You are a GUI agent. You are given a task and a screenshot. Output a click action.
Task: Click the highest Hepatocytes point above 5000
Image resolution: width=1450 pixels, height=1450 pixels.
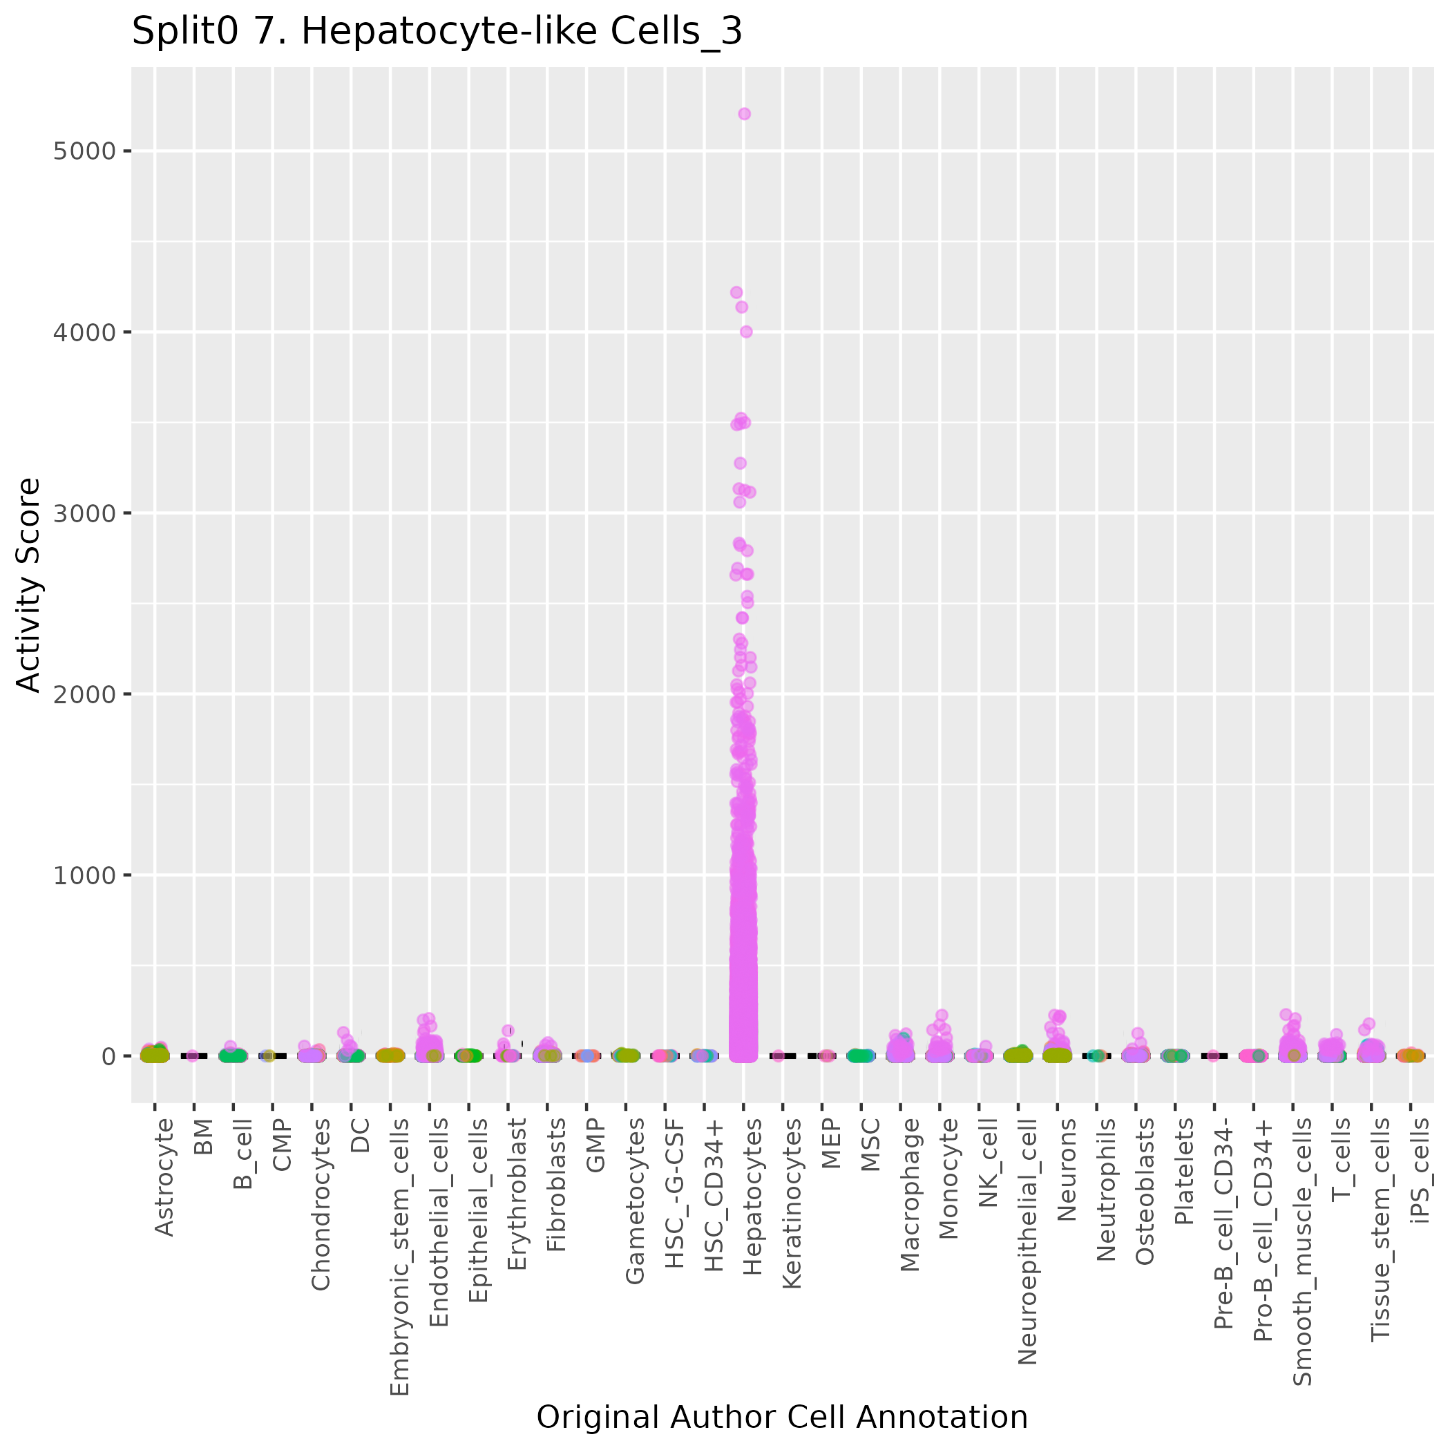pos(744,114)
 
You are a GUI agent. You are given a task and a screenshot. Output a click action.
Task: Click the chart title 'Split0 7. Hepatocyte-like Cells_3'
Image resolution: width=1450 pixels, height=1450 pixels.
pos(437,32)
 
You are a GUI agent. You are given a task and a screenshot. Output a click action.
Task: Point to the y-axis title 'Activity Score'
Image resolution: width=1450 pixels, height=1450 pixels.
pos(28,584)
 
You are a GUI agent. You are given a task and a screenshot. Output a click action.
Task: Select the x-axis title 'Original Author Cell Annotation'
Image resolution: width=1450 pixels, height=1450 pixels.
pos(782,1417)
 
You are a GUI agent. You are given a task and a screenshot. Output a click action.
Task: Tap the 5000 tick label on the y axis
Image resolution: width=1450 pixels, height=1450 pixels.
pos(85,151)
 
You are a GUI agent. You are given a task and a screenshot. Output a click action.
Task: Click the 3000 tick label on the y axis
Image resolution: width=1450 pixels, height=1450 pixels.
pos(85,513)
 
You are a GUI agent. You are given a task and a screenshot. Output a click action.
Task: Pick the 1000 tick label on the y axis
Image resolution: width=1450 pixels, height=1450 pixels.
pos(85,875)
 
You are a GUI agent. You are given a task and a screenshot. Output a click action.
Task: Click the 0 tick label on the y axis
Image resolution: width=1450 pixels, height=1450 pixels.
pos(108,1056)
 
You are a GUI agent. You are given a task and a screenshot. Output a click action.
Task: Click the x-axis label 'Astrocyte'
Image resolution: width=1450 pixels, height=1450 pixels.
pos(164,1177)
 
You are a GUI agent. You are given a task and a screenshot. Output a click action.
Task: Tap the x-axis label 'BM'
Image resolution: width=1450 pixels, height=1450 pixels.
pos(202,1136)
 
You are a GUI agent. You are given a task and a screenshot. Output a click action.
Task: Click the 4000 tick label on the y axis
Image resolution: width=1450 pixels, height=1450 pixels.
pos(85,332)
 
